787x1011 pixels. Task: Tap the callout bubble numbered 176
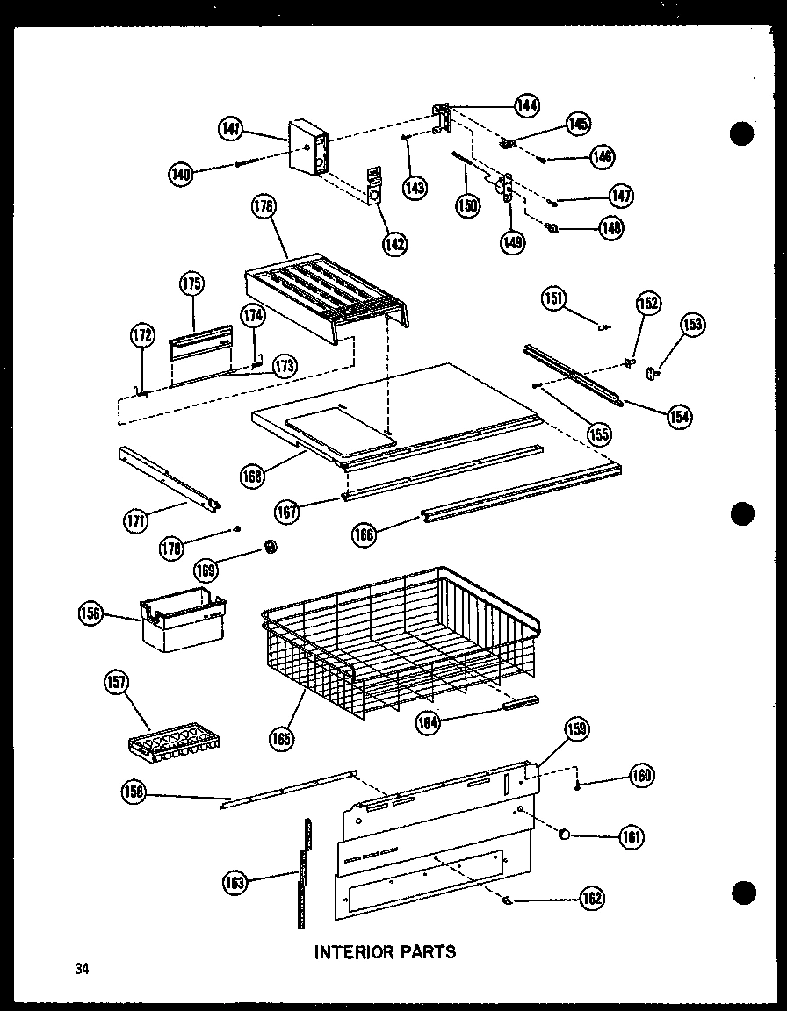(264, 208)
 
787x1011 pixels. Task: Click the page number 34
(82, 969)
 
